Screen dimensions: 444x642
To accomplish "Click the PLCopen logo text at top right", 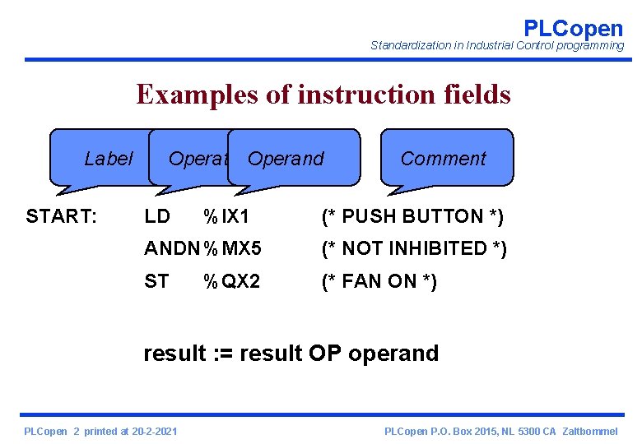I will (x=573, y=28).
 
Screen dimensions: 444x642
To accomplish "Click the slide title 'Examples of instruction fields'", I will (x=323, y=95).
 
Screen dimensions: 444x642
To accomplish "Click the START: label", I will (x=62, y=216).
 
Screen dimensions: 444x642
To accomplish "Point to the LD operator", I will (x=156, y=216).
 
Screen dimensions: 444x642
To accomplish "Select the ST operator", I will (x=156, y=281).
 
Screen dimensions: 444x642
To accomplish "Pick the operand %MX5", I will (x=232, y=248).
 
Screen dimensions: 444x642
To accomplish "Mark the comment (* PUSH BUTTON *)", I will (x=412, y=216).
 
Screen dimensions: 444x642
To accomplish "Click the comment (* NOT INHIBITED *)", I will (x=413, y=248).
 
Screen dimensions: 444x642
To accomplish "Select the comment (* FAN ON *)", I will (x=379, y=281).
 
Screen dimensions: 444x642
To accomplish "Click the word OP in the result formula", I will (x=326, y=354).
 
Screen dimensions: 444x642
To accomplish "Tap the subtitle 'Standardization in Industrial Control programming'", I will (x=497, y=46).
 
